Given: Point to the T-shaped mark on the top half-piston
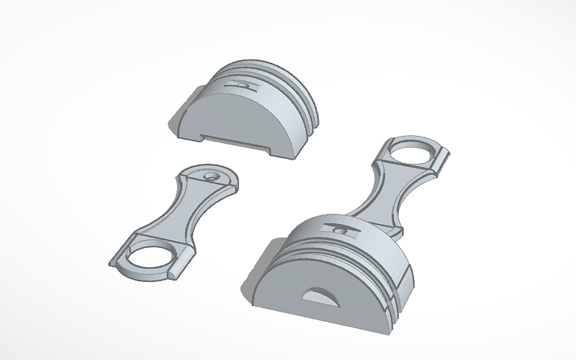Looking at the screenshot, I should [x=242, y=82].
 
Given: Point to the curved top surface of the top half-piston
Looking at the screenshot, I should [x=262, y=75].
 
